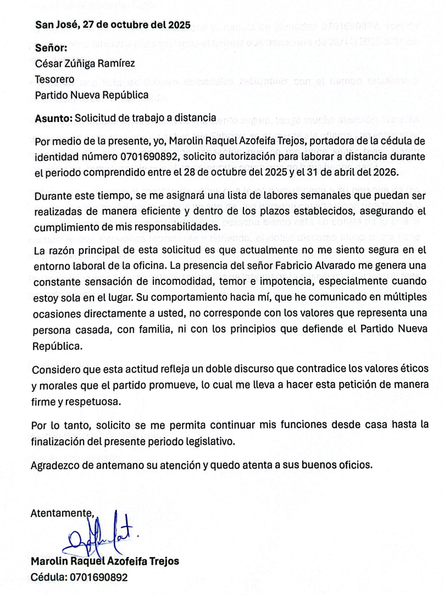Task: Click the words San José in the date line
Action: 54,25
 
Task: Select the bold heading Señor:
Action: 51,48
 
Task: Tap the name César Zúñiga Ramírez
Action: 85,63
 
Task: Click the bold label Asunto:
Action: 53,117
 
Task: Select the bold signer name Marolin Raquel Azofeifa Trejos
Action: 105,562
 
